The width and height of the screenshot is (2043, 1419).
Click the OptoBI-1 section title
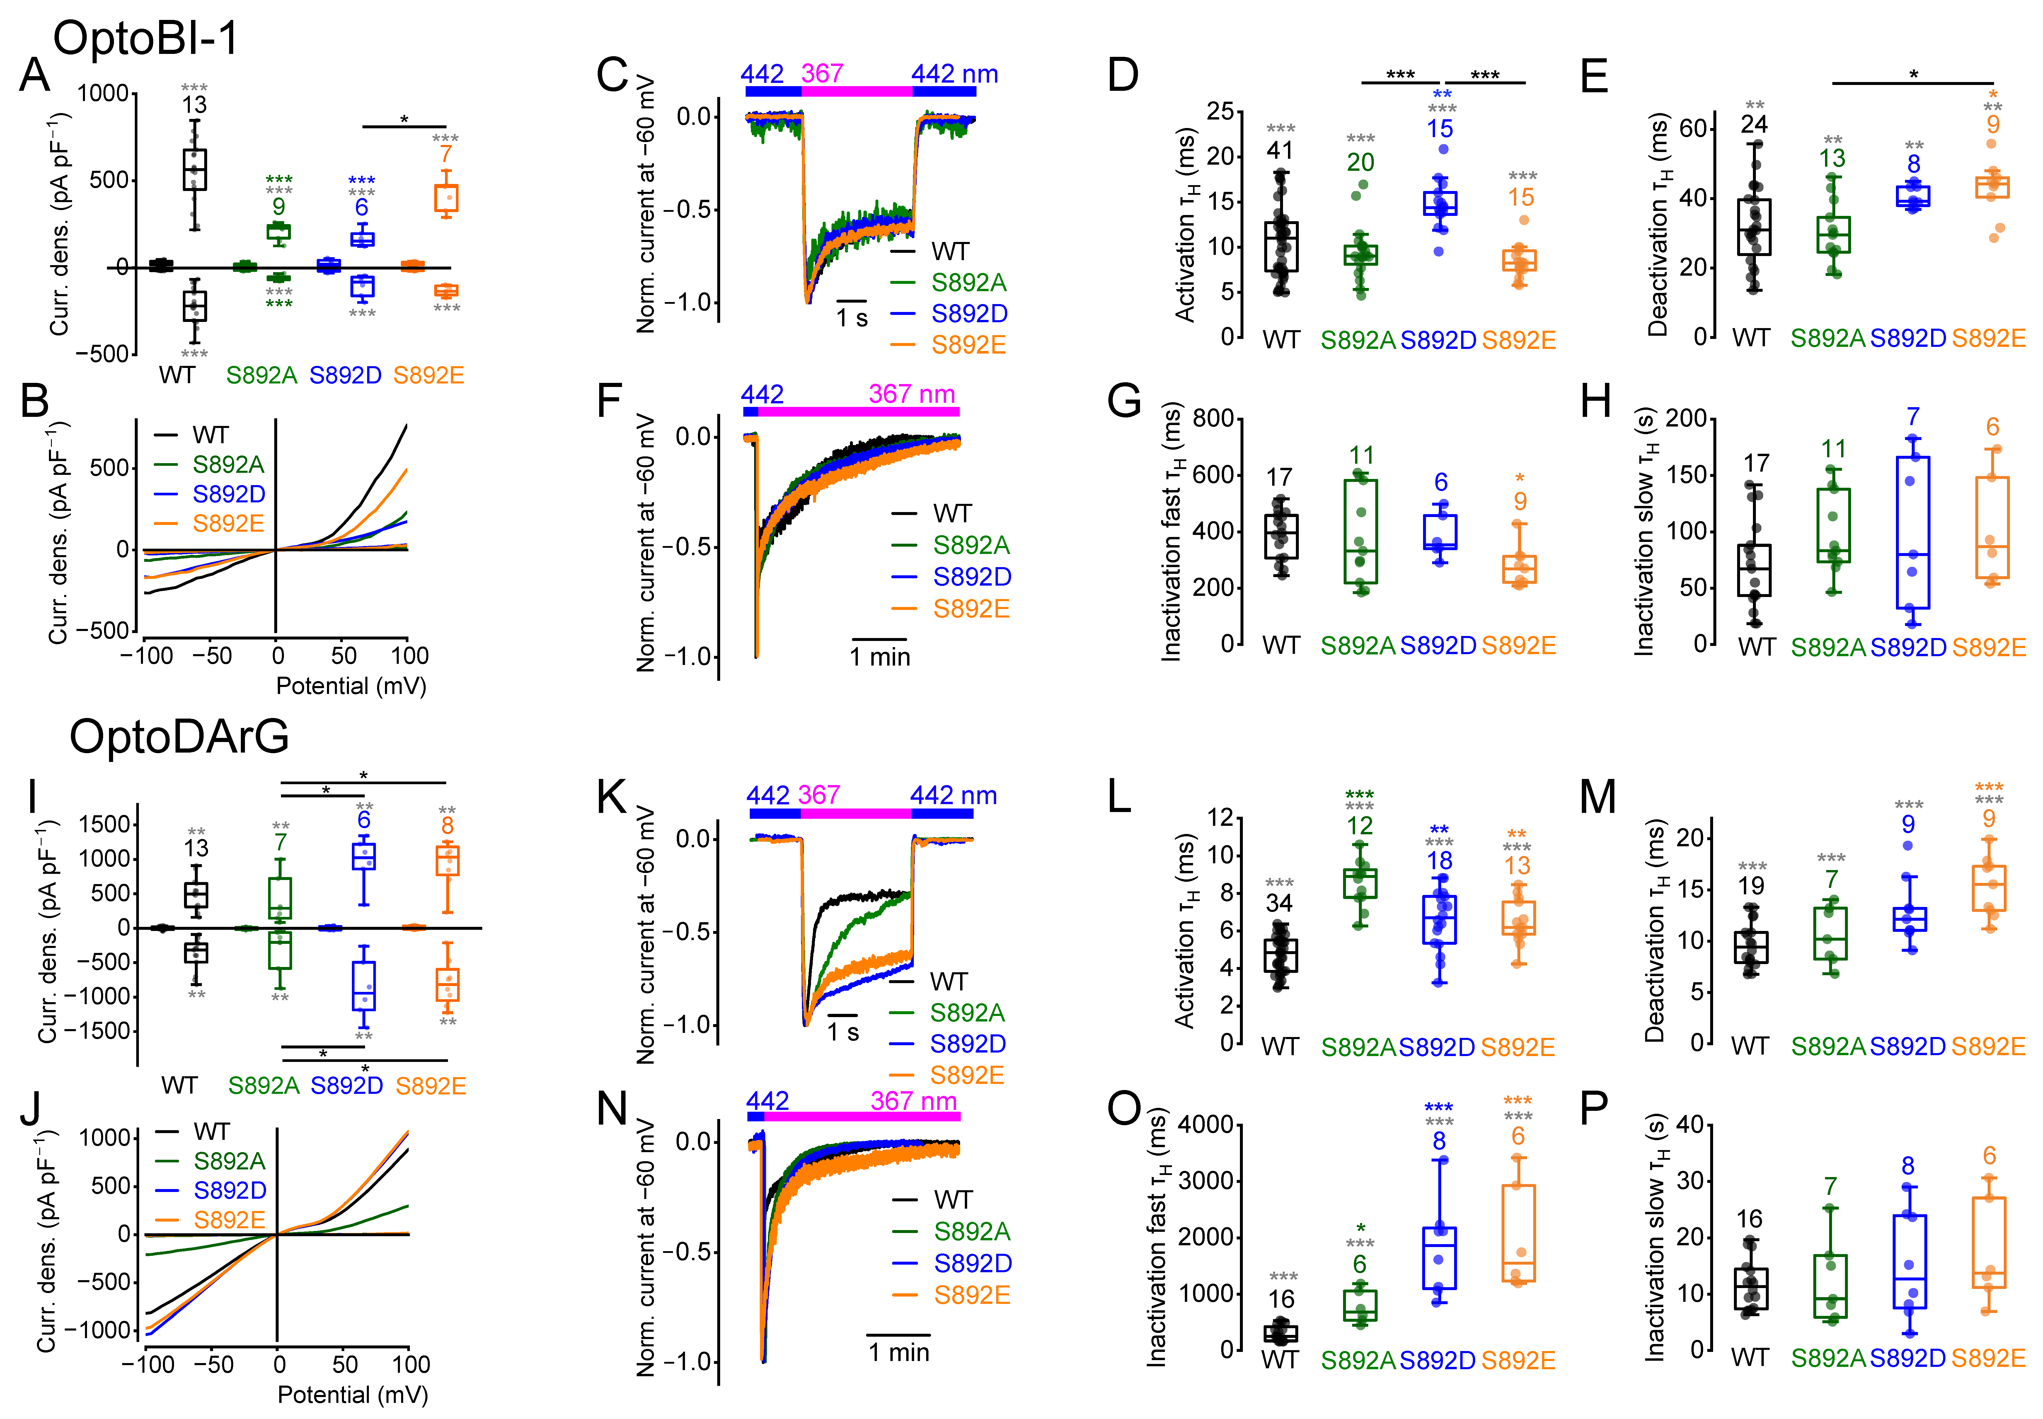[147, 38]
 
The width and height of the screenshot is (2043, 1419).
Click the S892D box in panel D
[1439, 204]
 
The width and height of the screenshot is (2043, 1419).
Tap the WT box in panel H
[1753, 570]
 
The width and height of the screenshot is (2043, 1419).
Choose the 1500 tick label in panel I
[104, 824]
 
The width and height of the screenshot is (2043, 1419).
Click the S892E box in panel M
[1989, 888]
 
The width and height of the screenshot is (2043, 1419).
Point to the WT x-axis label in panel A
[177, 375]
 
